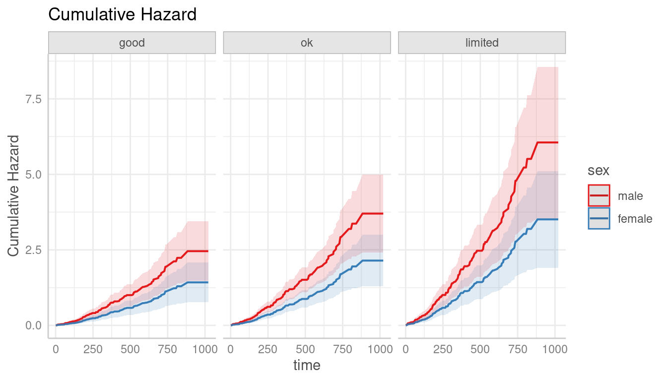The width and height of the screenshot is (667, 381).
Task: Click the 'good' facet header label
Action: [132, 43]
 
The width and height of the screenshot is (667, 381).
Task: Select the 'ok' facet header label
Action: [307, 43]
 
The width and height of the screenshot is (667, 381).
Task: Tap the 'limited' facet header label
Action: [482, 43]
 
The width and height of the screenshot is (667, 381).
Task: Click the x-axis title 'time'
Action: [307, 366]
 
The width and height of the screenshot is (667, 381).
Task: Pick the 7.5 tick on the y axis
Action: [34, 99]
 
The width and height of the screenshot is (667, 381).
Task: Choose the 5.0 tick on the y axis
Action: [34, 175]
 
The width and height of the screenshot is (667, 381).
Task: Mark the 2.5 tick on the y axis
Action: [34, 250]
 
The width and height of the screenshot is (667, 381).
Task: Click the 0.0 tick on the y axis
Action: [34, 325]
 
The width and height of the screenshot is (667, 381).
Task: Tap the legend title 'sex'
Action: [599, 171]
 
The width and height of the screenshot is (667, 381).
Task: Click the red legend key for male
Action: [599, 195]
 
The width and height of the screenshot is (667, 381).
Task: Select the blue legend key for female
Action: [599, 218]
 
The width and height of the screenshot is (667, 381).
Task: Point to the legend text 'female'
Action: [635, 219]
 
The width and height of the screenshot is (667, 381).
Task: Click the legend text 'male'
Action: [630, 196]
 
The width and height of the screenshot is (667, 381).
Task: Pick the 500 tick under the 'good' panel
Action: [130, 349]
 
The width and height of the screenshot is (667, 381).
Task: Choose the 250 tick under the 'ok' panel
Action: [268, 349]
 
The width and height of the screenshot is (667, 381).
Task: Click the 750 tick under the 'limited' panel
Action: [518, 349]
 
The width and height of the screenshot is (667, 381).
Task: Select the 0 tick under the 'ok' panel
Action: [230, 349]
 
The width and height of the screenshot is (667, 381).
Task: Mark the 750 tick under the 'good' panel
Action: [168, 349]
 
